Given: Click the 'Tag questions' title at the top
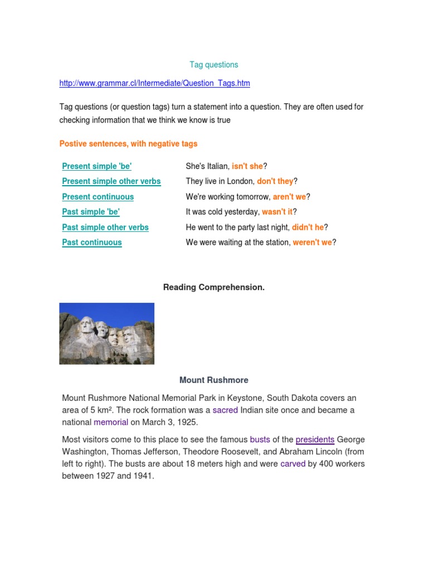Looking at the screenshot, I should (x=213, y=65).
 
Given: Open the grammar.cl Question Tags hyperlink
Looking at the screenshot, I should (x=154, y=83).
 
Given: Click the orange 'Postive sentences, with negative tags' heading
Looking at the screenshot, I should (x=128, y=144).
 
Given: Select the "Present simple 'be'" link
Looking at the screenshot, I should (x=97, y=166).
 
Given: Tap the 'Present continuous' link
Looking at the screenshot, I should (x=98, y=197).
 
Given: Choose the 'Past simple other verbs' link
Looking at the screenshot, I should (x=105, y=228).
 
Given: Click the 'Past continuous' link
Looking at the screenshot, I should (x=92, y=243).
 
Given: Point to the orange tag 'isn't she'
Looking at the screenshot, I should (x=247, y=166).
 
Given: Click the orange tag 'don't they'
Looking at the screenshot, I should (x=275, y=181).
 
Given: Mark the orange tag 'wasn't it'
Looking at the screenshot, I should (x=277, y=212).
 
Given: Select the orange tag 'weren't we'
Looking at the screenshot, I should (x=312, y=243).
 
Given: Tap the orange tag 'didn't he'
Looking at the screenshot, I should (x=308, y=228).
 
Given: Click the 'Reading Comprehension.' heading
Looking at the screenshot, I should (x=213, y=287).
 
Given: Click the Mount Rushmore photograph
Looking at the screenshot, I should (x=106, y=333).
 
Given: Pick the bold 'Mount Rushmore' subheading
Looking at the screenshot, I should (x=213, y=380).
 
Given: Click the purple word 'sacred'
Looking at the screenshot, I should (x=225, y=410).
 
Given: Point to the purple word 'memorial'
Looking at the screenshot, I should (x=111, y=423).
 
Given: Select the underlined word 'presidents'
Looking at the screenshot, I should (x=315, y=440).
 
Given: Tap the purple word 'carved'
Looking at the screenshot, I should (x=293, y=464).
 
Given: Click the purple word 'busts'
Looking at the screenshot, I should (x=260, y=440).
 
